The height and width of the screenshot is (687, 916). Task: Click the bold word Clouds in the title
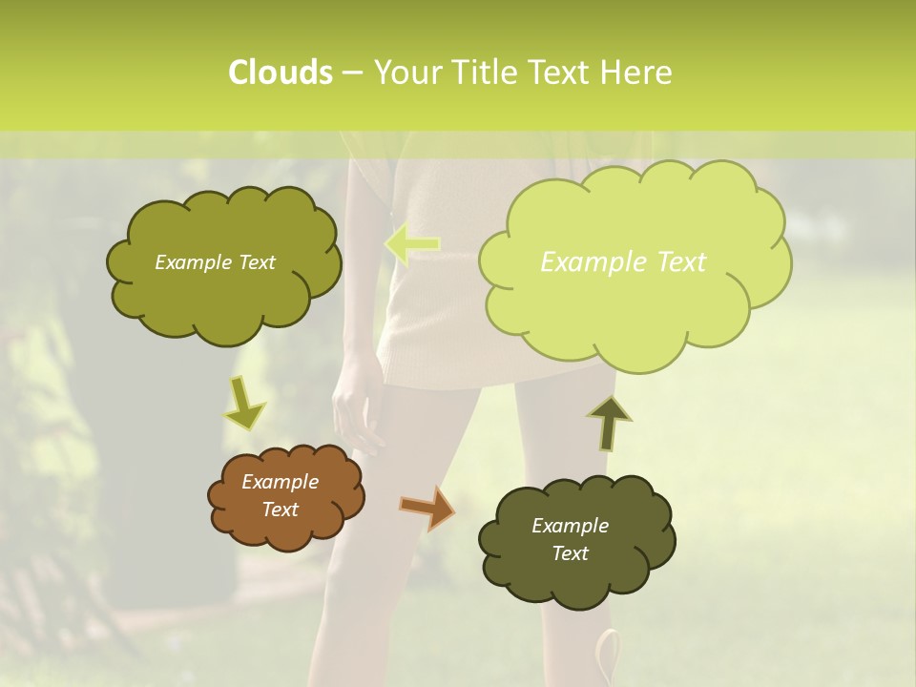280,73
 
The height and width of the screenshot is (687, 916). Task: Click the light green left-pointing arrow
412,244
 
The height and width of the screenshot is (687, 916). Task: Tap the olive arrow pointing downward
243,404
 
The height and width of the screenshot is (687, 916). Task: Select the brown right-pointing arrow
427,508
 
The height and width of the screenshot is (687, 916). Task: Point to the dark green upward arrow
608,423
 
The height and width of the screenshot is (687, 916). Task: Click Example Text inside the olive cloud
215,262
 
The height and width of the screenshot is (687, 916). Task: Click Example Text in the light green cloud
623,262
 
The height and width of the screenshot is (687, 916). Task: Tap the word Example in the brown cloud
280,482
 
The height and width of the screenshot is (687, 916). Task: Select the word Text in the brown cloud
280,510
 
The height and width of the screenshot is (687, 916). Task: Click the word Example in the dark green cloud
570,526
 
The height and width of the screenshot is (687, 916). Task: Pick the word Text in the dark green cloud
570,553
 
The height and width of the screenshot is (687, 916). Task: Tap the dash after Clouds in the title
351,73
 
